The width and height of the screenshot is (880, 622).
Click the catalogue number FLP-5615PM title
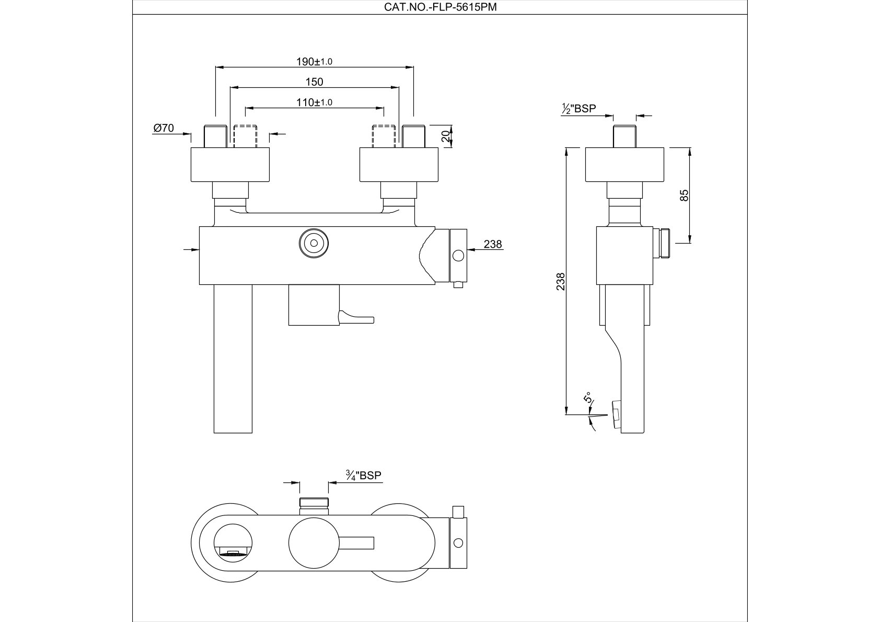click(440, 7)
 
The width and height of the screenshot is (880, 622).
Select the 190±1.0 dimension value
click(315, 62)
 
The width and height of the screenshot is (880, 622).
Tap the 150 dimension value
click(315, 82)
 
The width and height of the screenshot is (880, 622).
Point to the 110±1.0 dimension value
click(315, 102)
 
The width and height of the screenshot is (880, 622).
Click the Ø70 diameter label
click(164, 128)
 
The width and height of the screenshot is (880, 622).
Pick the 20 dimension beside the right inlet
click(445, 136)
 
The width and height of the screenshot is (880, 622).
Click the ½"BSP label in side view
click(578, 109)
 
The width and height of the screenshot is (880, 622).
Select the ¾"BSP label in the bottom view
click(364, 476)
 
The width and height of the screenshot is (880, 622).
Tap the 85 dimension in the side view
click(685, 195)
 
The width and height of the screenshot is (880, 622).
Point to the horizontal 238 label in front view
click(492, 244)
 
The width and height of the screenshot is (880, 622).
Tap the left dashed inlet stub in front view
click(246, 136)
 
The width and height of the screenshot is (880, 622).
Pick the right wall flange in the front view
click(400, 165)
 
